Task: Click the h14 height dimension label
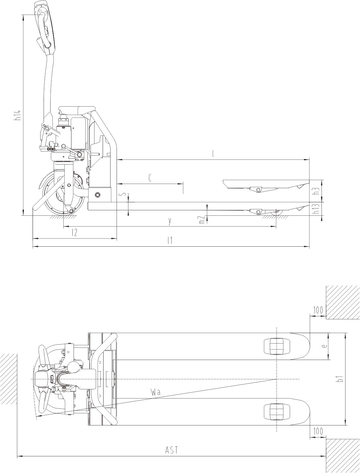[18, 114]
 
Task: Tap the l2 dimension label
[74, 233]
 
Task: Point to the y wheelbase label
[170, 221]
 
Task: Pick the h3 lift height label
[317, 191]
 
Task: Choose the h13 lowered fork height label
[317, 209]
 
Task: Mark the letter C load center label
[150, 178]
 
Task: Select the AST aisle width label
[171, 450]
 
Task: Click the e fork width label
[324, 346]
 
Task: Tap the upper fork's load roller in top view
[277, 346]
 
